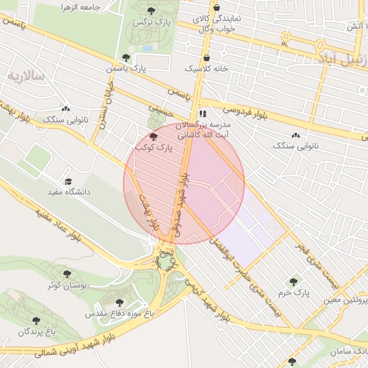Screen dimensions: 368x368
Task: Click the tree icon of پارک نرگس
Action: (x=150, y=10)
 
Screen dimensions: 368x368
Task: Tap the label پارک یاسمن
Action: (x=144, y=68)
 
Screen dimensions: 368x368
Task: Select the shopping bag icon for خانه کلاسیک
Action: (x=207, y=57)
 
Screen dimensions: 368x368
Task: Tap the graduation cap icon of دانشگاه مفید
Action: (x=68, y=181)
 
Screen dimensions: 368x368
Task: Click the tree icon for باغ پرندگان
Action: (x=36, y=321)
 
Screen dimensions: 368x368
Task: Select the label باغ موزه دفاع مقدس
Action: (x=119, y=314)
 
